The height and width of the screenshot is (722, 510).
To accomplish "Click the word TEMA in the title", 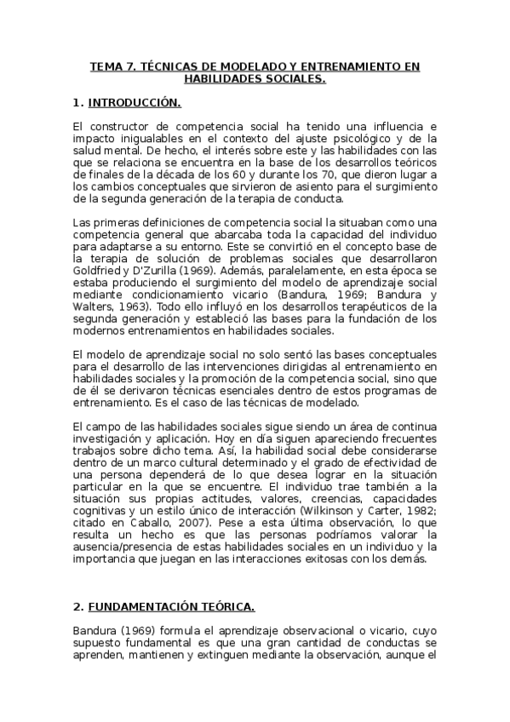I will pos(107,66).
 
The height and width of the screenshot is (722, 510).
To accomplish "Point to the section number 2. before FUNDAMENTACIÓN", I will pos(77,606).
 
